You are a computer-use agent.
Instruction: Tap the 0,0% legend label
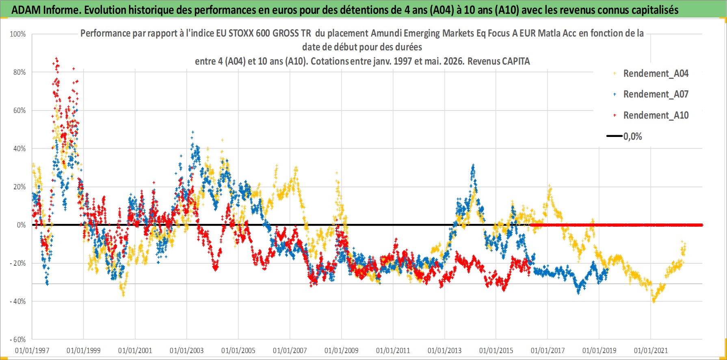coord(633,137)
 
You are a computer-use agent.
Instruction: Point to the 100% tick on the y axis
coord(18,34)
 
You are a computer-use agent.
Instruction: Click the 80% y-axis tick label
coord(19,72)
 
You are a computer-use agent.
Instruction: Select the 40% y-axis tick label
coord(19,149)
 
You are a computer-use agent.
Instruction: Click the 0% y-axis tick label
coord(21,225)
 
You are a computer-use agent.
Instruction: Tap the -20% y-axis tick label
coord(18,263)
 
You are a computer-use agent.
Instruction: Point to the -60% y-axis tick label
coord(18,340)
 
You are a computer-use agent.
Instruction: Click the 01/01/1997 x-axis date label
coord(32,350)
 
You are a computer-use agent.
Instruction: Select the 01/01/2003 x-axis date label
coord(187,350)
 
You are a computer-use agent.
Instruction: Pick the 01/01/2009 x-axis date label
coord(342,350)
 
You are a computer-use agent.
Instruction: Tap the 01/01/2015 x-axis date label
coord(496,350)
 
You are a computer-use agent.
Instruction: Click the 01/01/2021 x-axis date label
coord(651,350)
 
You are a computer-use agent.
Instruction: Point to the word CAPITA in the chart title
coord(516,61)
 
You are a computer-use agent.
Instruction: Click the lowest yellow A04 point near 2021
coord(653,301)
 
